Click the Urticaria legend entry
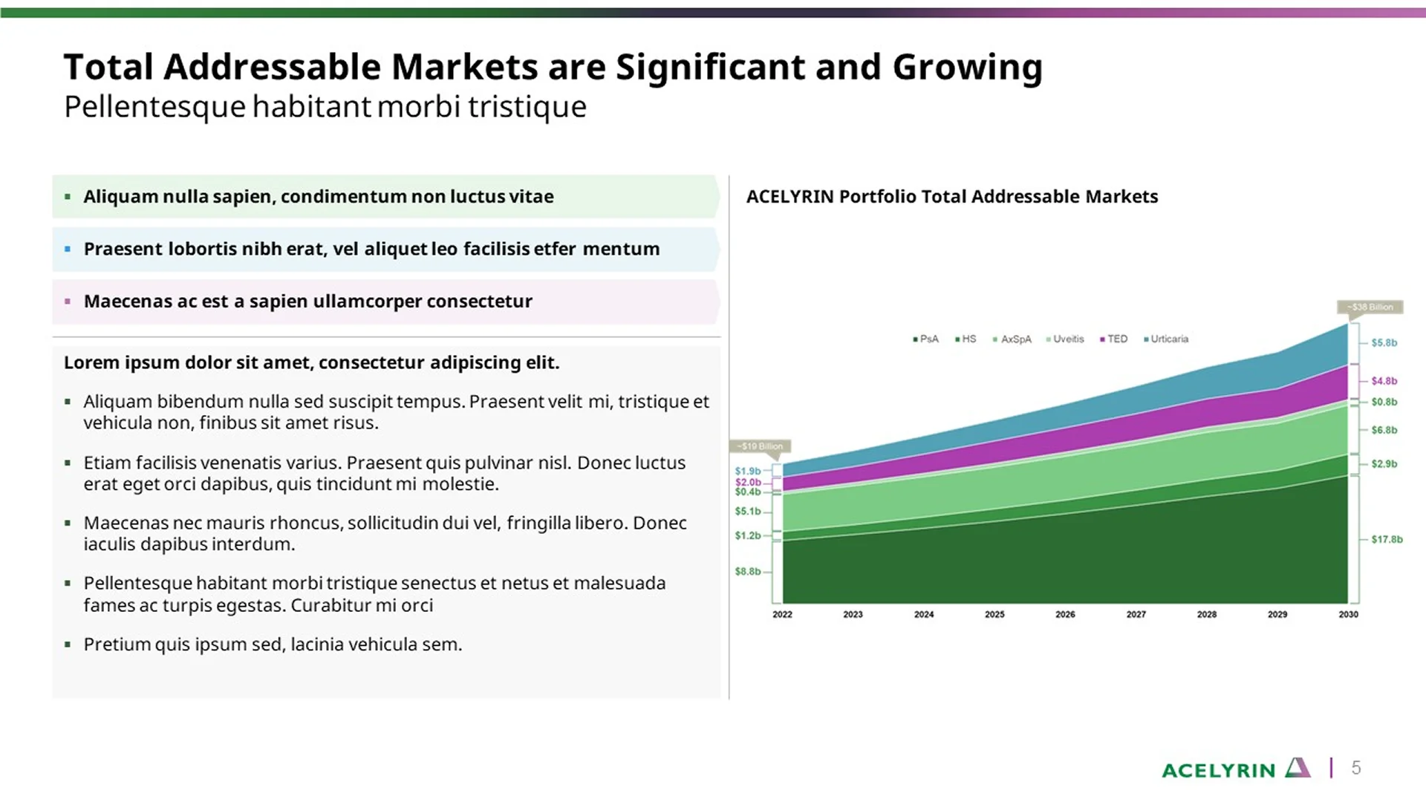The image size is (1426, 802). pos(1168,339)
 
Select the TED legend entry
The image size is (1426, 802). pos(1116,339)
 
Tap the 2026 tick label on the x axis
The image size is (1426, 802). pos(1065,614)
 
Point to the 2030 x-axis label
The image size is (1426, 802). pos(1348,614)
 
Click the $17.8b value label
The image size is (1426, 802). pos(1387,539)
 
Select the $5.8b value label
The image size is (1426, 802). pos(1384,343)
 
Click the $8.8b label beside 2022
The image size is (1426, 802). pos(748,572)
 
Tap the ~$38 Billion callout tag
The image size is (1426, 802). pos(1370,307)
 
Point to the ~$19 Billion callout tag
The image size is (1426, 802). pos(760,446)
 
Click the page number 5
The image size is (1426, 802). pos(1356,768)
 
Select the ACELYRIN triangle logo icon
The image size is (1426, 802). pos(1298,768)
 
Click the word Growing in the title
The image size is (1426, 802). pos(967,68)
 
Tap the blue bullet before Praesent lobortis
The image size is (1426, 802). pos(68,250)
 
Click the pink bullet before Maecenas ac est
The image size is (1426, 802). pos(68,301)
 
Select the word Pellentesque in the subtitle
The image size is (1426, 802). pos(154,107)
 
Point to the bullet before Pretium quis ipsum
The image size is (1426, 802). pos(68,645)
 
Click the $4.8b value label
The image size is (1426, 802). pos(1384,381)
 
